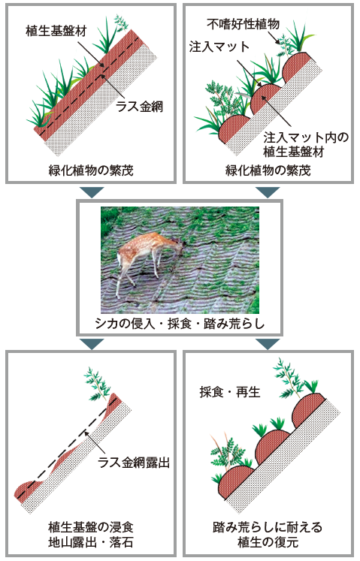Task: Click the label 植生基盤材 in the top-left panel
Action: [56, 31]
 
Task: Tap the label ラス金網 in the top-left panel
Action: [139, 106]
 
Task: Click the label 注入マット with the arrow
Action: [219, 47]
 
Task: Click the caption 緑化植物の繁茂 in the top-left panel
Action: [91, 170]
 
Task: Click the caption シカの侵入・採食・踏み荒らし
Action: [180, 324]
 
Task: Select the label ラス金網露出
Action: [134, 463]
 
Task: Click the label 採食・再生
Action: [230, 392]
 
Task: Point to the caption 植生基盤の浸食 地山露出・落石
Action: [91, 535]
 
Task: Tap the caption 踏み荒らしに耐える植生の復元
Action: [268, 535]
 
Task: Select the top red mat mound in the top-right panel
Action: [296, 66]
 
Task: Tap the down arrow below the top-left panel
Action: [92, 192]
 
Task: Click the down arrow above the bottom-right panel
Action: [268, 344]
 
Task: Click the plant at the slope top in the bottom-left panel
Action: [98, 384]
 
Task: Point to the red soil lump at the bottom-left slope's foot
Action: [29, 490]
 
